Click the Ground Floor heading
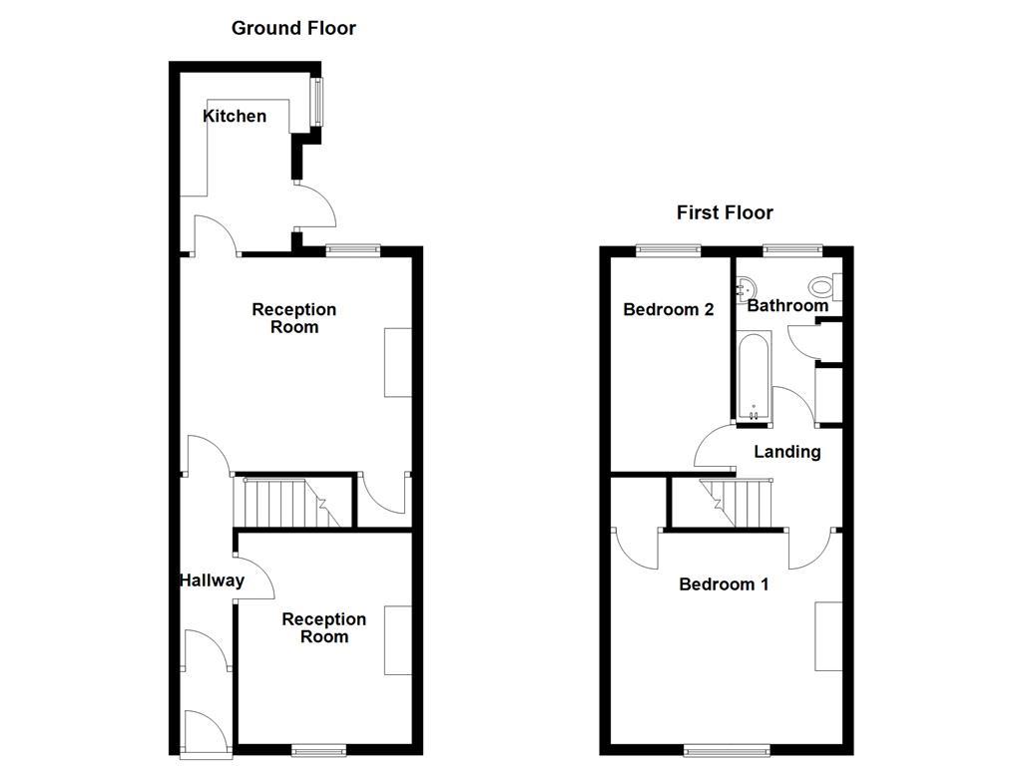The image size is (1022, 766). [293, 28]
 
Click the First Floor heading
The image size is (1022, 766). [725, 212]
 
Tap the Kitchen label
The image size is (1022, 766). [235, 117]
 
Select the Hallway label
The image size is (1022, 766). [212, 580]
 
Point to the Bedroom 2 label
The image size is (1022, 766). [668, 310]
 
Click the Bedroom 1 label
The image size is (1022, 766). [724, 584]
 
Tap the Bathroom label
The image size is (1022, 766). [787, 306]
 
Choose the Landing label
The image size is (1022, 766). [786, 452]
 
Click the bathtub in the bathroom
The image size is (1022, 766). [754, 377]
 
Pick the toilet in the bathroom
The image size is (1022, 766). [824, 286]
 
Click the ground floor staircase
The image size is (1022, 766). [284, 502]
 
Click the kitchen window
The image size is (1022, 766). [318, 102]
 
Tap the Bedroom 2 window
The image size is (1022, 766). [669, 249]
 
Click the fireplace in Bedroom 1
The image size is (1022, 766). [828, 636]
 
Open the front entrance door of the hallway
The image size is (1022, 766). [208, 733]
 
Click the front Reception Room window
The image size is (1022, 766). [320, 749]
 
